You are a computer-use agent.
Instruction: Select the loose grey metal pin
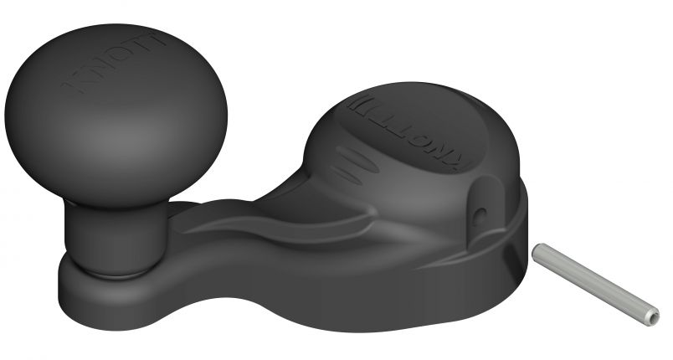595,280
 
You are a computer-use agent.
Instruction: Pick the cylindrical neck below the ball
109,230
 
